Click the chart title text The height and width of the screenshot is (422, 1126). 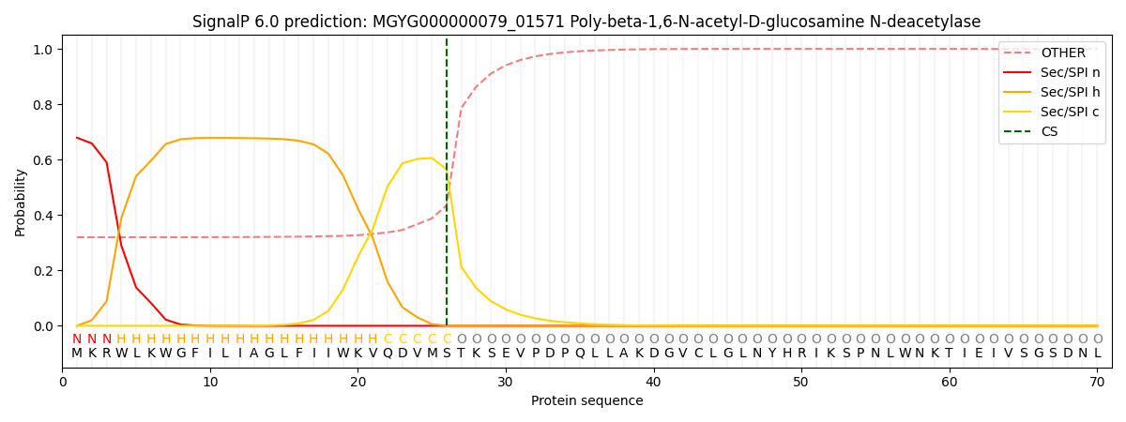586,22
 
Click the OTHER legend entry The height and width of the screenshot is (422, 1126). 1062,53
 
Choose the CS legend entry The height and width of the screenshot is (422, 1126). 1049,132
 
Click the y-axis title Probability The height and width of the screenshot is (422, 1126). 21,202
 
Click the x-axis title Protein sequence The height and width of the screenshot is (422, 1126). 586,401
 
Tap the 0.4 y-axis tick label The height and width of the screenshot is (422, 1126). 42,216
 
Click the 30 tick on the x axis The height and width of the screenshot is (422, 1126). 506,383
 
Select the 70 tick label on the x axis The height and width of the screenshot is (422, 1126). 1097,383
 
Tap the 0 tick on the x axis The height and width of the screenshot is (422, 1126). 63,383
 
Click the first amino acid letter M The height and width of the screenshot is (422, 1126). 77,354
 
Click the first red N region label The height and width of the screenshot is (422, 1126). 77,339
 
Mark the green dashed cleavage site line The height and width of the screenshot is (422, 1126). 447,188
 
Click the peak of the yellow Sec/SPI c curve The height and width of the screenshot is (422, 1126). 432,158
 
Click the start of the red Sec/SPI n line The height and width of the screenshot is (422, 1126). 77,138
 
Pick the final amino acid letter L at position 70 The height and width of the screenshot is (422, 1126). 1097,354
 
